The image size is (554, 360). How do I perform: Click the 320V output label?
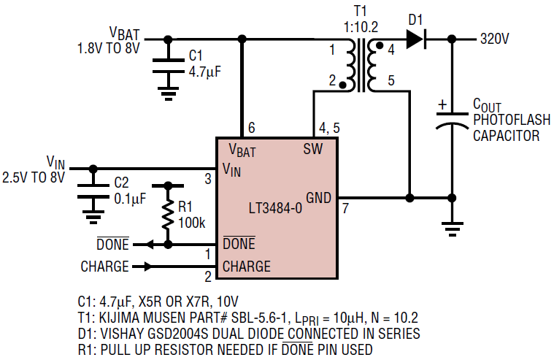pos(494,39)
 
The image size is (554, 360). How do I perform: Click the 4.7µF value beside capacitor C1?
pos(205,72)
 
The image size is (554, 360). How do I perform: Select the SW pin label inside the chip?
pos(312,150)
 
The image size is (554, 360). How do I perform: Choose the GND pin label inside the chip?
pos(318,197)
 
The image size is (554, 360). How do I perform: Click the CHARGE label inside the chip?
pos(246,267)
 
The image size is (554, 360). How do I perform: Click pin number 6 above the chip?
pos(251,129)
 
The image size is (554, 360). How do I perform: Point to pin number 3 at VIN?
pos(207,179)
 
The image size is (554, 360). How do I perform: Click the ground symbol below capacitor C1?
pos(169,93)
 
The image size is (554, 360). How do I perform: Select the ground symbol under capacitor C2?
pos(93,215)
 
